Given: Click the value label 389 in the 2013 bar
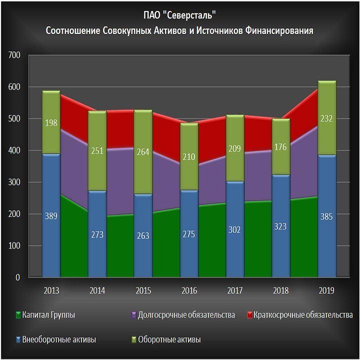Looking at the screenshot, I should point(51,216).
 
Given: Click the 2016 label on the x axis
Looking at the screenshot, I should point(189,290).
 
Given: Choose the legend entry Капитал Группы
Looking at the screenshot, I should point(50,315).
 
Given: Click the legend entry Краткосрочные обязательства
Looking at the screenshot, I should point(303,315).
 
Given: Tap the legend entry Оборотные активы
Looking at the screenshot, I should point(170,340).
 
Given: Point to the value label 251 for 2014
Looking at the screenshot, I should point(97,151).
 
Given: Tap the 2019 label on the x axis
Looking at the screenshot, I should point(327,290).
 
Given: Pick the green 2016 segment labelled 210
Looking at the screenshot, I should point(189,157).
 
